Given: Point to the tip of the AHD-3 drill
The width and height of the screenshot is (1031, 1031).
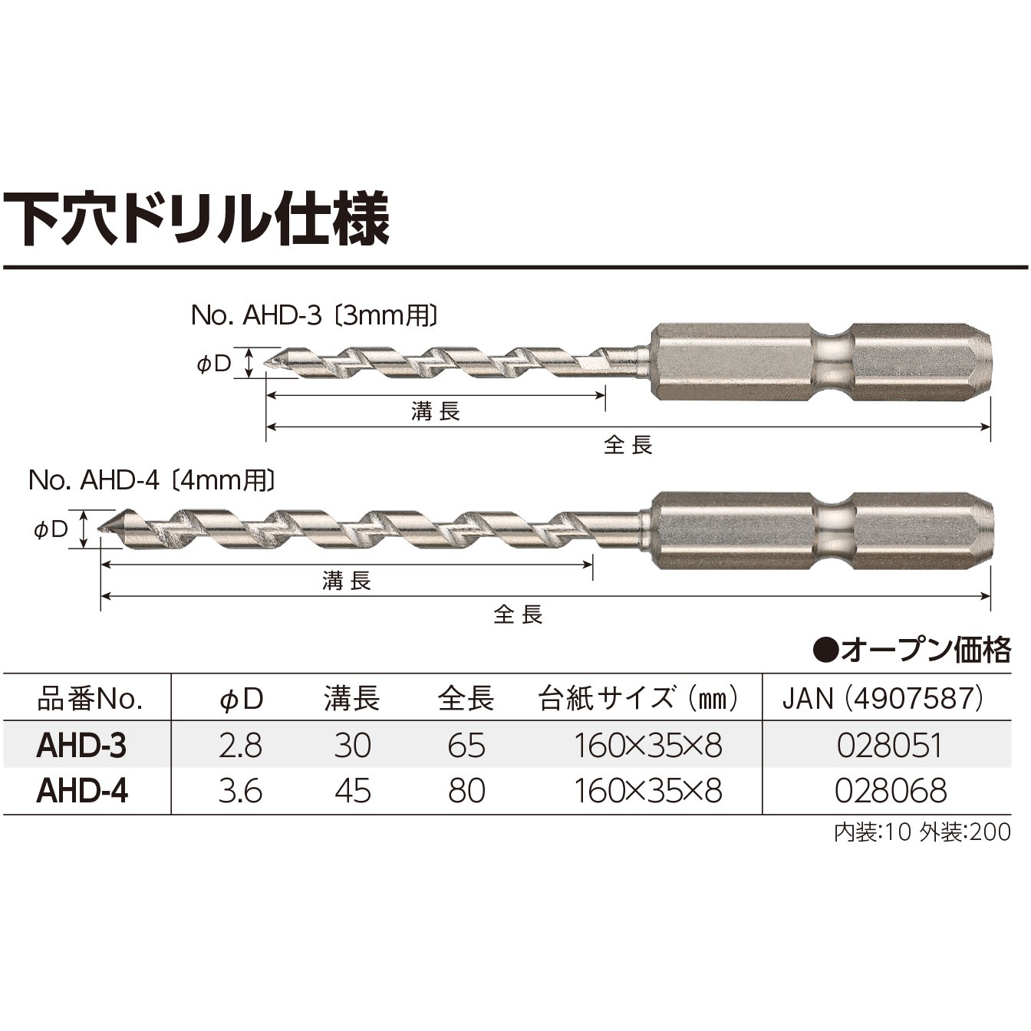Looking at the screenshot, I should [x=266, y=364].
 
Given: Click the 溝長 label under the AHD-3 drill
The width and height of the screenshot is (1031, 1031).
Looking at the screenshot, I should [x=435, y=412].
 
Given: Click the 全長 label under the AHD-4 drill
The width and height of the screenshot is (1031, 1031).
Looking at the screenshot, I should [x=519, y=614].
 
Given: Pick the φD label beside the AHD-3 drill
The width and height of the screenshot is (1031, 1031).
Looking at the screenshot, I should [x=214, y=364].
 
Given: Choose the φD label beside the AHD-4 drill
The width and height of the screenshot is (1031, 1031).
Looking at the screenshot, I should [x=51, y=529].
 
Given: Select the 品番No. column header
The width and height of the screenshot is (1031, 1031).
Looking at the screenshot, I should [x=90, y=699].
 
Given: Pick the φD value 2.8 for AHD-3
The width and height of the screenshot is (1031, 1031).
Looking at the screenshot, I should [x=239, y=746].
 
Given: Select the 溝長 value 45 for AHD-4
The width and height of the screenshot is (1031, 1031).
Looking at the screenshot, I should [x=352, y=791].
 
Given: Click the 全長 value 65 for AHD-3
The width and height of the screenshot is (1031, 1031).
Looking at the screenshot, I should [x=466, y=746].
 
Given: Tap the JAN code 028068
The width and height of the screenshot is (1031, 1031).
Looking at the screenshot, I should [x=891, y=791].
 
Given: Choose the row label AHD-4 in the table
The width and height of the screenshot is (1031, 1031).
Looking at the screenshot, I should [x=82, y=791].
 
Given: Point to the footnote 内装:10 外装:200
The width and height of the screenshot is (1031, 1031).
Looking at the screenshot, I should [x=922, y=832].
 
